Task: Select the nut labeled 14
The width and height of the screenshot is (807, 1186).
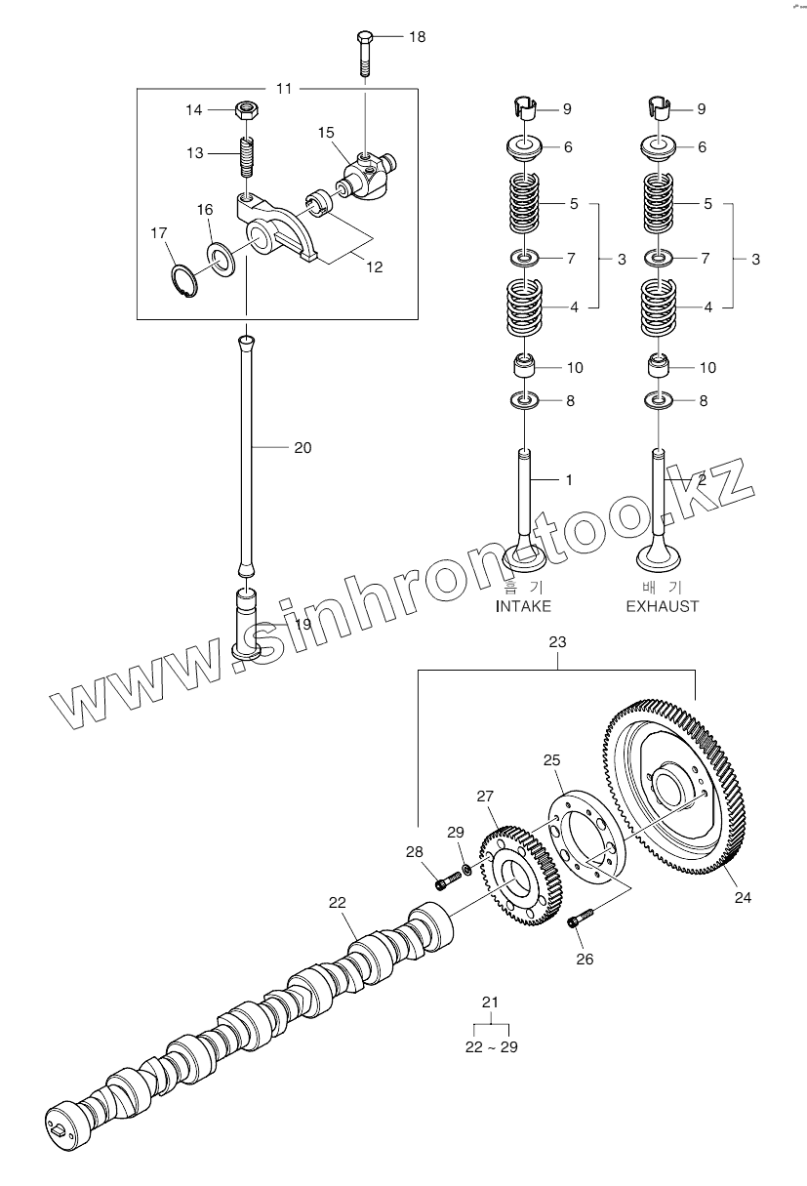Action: pyautogui.click(x=246, y=109)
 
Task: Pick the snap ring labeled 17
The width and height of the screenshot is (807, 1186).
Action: pyautogui.click(x=183, y=280)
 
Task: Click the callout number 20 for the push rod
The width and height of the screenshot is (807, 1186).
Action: pyautogui.click(x=303, y=448)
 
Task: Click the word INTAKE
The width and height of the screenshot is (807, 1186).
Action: pyautogui.click(x=523, y=606)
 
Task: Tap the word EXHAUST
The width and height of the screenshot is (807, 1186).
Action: pyautogui.click(x=662, y=606)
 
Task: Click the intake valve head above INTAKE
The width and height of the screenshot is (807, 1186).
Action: pyautogui.click(x=523, y=557)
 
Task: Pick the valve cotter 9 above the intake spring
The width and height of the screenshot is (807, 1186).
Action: pyautogui.click(x=526, y=106)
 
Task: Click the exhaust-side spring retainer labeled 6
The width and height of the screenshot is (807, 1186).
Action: pyautogui.click(x=660, y=148)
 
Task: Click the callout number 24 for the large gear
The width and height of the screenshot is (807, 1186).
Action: pyautogui.click(x=743, y=898)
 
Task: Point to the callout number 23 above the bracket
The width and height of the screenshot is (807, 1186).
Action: pyautogui.click(x=557, y=642)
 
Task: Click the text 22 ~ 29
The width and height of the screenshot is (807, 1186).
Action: pyautogui.click(x=490, y=1046)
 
